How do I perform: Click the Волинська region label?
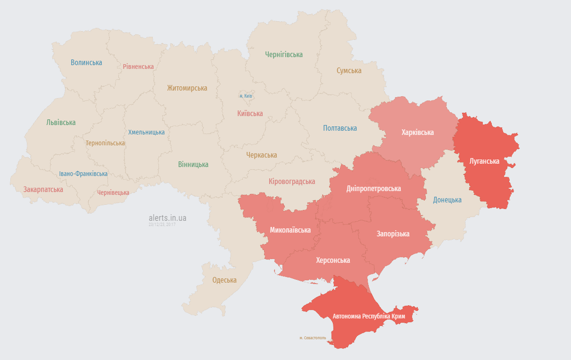pos(86,62)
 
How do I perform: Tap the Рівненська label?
pos(138,67)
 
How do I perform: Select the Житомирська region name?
pos(187,88)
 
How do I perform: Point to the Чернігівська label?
pos(283,55)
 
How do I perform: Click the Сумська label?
pos(349,71)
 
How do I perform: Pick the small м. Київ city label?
pos(246,96)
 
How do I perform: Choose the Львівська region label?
pos(61,122)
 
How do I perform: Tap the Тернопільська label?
pos(105,143)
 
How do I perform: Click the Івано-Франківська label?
pos(83,174)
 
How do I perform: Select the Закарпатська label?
pos(43,189)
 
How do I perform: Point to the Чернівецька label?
pos(113,193)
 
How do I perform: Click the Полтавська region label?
pos(339,128)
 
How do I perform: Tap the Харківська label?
pos(417,132)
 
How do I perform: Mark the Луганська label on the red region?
pos(484,161)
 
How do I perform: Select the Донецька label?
pos(447,200)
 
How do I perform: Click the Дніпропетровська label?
pos(373,188)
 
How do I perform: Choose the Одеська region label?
pos(224,280)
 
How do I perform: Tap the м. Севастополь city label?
pos(312,338)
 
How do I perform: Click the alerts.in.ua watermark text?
pos(167,218)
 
